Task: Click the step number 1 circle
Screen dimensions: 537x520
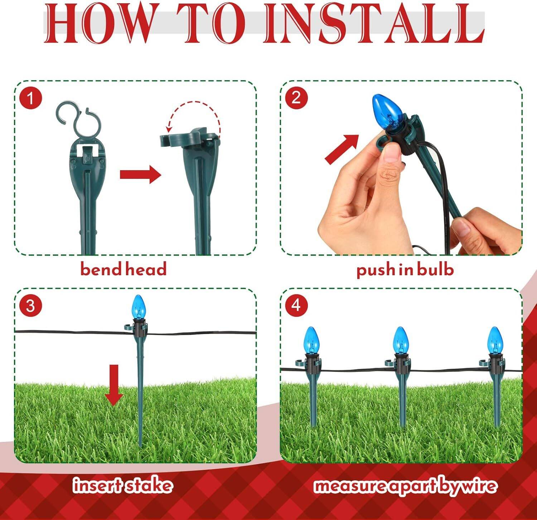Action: click(x=31, y=98)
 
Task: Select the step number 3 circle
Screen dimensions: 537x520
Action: click(x=31, y=306)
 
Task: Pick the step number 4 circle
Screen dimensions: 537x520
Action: click(x=296, y=306)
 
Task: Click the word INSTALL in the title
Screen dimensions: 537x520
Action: click(x=374, y=24)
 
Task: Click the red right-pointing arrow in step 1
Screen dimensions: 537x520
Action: click(x=140, y=175)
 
